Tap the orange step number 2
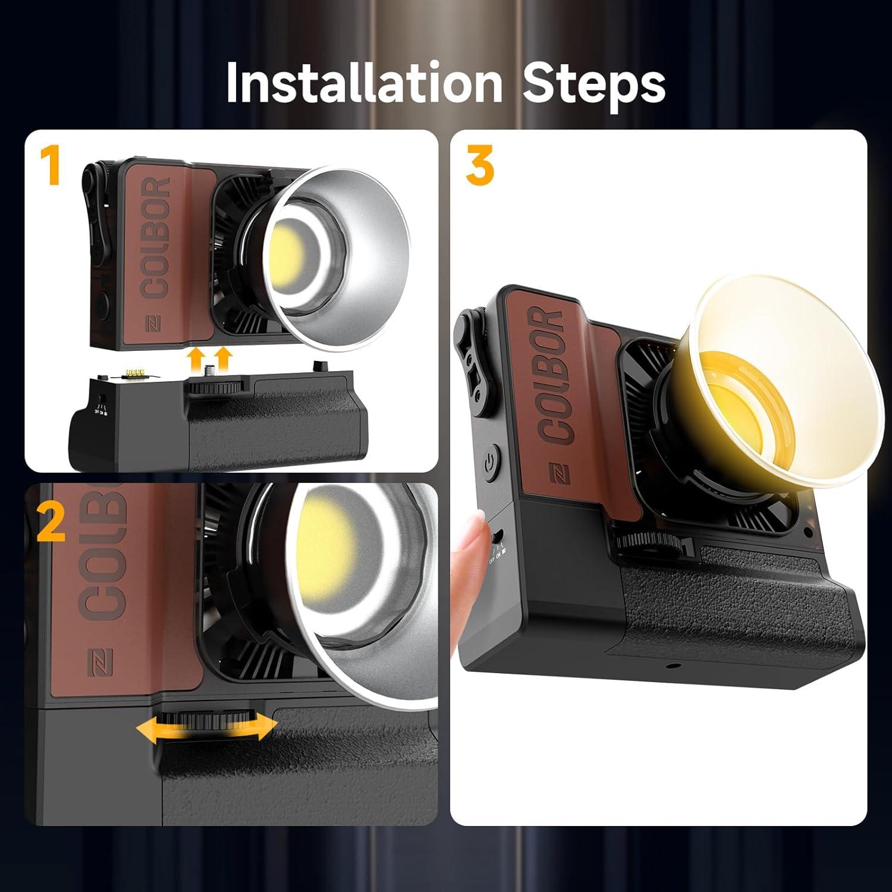(x=51, y=522)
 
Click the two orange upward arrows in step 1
(x=208, y=360)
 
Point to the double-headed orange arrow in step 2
(x=206, y=726)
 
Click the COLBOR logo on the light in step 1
(x=156, y=238)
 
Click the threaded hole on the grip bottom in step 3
(x=672, y=665)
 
